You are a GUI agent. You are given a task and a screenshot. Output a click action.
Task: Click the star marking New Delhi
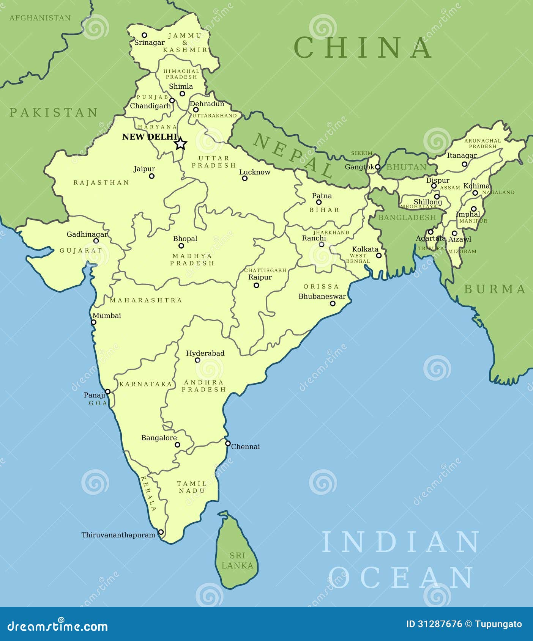[181, 144]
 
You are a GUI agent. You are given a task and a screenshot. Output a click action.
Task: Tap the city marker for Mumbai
[93, 322]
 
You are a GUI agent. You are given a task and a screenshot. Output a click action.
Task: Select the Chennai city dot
[228, 443]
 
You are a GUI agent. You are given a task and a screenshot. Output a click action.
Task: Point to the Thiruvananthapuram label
[118, 535]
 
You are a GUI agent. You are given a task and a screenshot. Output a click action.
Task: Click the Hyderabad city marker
[197, 360]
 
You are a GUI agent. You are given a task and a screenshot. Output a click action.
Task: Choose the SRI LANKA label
[237, 560]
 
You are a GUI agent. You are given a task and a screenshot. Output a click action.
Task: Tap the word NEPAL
[292, 156]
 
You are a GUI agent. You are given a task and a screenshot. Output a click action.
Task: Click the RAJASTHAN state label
[101, 182]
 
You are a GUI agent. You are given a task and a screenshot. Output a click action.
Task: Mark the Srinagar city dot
[144, 35]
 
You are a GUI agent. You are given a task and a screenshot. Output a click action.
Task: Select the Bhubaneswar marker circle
[333, 303]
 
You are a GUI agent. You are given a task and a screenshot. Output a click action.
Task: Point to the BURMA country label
[495, 289]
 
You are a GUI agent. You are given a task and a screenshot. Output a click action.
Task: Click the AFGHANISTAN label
[40, 18]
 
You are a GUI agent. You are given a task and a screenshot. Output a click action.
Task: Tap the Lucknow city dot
[245, 178]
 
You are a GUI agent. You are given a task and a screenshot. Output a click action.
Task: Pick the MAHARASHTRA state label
[146, 300]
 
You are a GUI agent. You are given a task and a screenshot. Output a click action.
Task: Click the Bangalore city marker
[177, 445]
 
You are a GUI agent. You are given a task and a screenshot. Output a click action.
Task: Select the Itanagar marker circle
[464, 164]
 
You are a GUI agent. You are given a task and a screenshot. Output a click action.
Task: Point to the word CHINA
[363, 47]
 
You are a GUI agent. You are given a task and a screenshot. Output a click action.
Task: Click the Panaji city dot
[108, 391]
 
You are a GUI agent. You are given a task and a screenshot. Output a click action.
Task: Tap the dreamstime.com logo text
[58, 626]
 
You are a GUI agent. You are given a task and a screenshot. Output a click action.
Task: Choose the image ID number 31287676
[440, 624]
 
